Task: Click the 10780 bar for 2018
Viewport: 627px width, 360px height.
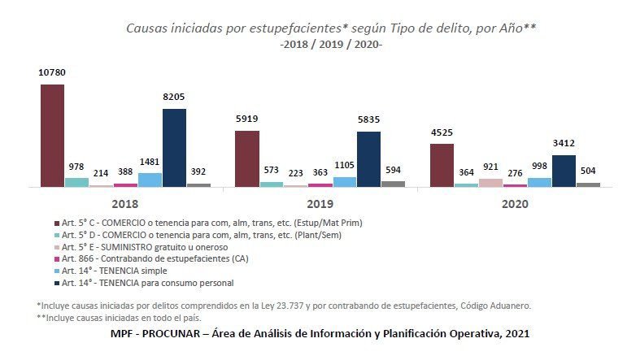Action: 52,136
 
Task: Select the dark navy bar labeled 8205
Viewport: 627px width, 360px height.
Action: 174,148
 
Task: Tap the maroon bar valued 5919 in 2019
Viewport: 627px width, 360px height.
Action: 247,158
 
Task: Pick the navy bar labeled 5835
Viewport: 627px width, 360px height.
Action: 368,159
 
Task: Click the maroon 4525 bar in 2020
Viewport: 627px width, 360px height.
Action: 442,165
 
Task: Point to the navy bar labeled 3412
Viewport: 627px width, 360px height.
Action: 564,171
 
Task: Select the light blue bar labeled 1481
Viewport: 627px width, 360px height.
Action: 150,180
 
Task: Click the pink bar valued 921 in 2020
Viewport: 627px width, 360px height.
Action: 490,183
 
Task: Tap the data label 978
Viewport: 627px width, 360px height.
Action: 76,167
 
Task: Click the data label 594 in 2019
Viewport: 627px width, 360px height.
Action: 393,170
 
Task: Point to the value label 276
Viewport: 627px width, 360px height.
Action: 515,173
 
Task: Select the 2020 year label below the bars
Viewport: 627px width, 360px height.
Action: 514,203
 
